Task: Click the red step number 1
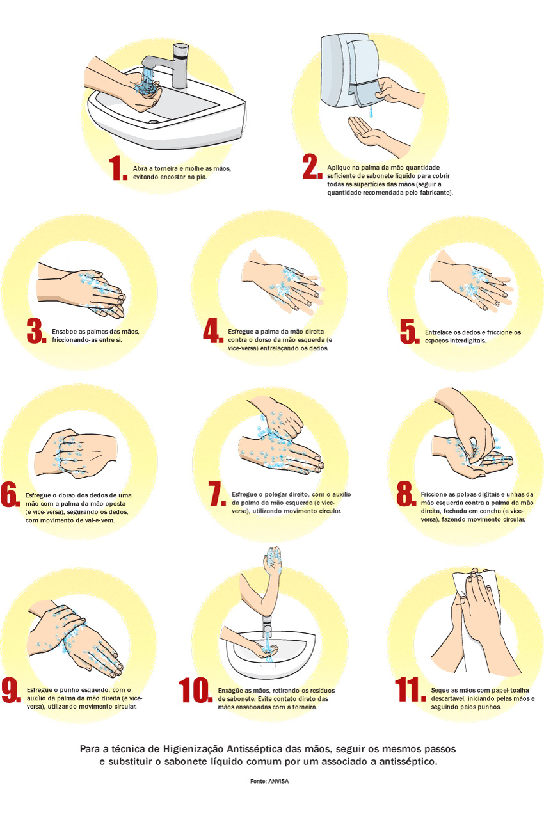click(118, 168)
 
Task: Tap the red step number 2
click(312, 166)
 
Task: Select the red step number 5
click(410, 332)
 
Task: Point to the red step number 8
click(406, 494)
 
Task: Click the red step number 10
click(195, 690)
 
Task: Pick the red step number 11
click(410, 689)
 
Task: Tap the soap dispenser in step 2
click(349, 71)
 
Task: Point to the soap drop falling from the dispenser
click(371, 112)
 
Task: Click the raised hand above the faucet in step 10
click(273, 561)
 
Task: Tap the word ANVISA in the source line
click(278, 781)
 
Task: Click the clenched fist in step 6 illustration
click(69, 452)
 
